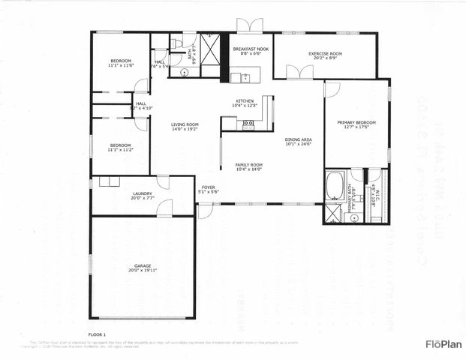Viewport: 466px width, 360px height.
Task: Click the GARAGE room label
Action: click(143, 265)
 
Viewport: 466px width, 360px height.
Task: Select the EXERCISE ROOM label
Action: click(325, 54)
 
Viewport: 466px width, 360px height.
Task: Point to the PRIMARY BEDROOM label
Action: click(356, 122)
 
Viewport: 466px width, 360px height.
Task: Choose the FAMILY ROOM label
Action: click(248, 164)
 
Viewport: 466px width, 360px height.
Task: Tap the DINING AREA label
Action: click(298, 139)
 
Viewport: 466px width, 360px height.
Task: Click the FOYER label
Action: click(208, 187)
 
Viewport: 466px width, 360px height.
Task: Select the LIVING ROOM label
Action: click(184, 124)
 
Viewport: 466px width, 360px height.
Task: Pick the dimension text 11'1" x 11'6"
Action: click(121, 66)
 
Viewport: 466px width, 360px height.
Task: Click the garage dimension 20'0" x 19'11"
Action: click(143, 271)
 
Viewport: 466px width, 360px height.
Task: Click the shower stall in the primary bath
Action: click(331, 214)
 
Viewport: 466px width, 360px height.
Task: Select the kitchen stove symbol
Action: click(248, 125)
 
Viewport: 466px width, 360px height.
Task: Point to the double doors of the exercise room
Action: click(300, 71)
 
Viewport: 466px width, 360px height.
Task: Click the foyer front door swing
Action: click(205, 211)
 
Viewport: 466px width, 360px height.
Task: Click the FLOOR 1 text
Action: click(97, 333)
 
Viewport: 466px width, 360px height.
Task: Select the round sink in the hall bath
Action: click(185, 73)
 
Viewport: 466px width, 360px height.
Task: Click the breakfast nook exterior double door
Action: click(251, 25)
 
